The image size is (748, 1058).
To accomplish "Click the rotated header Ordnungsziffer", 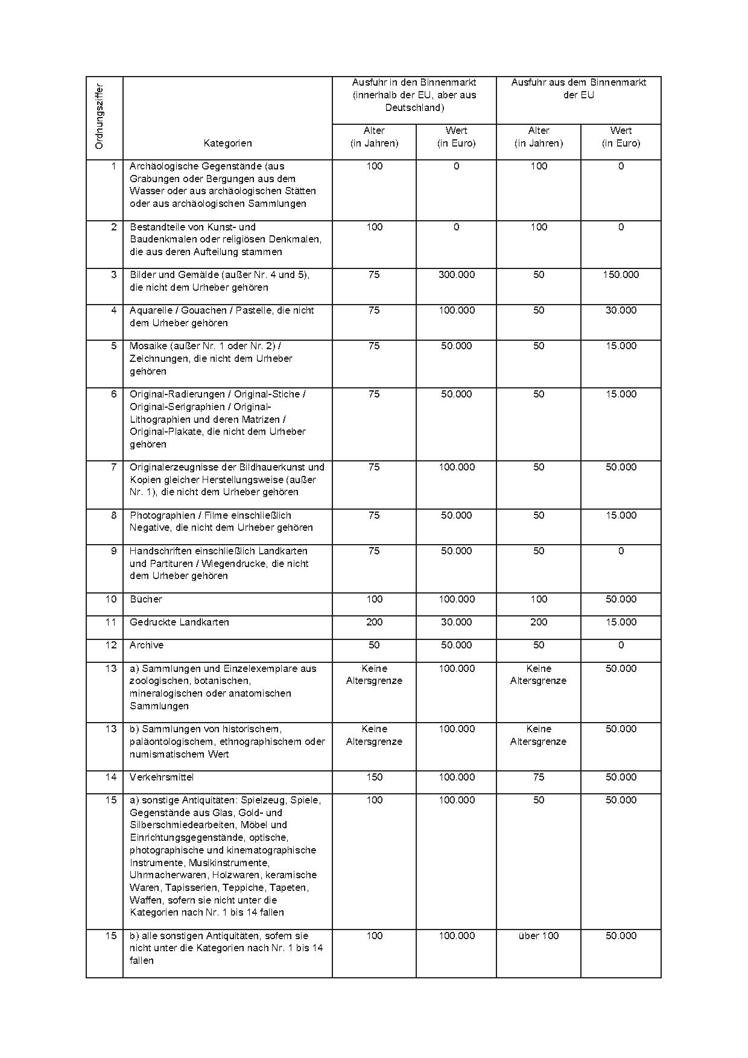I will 100,116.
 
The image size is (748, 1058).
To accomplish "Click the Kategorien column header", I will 227,143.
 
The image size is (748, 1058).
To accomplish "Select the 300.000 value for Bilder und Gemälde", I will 456,274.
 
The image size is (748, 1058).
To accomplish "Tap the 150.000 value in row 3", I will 621,274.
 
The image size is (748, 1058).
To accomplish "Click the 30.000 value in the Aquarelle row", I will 621,310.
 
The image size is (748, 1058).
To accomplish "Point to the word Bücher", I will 146,599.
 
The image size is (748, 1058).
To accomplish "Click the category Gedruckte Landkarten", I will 179,622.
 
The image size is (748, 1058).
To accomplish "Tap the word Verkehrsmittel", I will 162,777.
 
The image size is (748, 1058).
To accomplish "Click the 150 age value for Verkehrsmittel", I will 374,777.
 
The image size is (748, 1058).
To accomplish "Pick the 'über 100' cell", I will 538,936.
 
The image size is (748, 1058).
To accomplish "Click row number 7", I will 113,467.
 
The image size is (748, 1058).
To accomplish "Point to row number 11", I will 111,622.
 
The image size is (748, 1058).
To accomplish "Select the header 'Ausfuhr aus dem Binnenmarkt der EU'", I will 578,88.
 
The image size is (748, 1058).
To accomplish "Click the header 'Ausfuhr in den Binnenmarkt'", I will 414,82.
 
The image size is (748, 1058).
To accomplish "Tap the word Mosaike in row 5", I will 147,346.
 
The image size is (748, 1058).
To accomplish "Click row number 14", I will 111,777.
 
